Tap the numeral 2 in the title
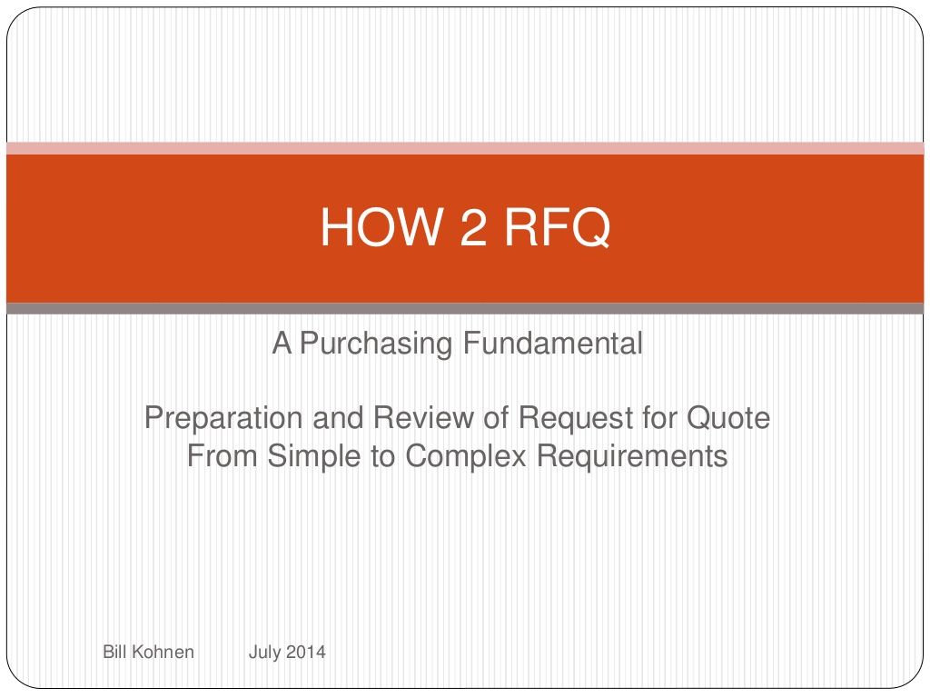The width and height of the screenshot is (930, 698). tap(473, 226)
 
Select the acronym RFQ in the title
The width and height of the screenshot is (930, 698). tap(557, 226)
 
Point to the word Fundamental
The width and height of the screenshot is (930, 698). tap(553, 343)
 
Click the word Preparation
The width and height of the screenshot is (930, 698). tap(223, 418)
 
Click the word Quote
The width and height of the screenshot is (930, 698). tap(728, 418)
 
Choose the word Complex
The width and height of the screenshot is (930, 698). tap(466, 456)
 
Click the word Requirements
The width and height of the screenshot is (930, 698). tap(632, 456)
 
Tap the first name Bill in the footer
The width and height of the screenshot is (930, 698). tap(114, 651)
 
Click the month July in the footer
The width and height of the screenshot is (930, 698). tap(264, 653)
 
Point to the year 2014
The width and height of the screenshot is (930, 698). tap(306, 651)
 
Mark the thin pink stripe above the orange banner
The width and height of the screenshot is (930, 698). tap(465, 148)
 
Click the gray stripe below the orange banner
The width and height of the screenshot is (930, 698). tap(465, 308)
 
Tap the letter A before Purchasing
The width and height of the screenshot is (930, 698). tap(282, 343)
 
